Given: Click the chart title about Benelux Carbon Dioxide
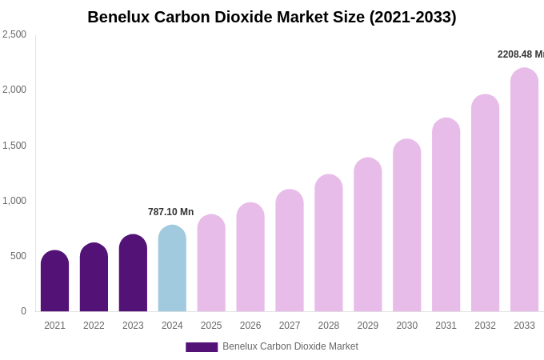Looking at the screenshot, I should [272, 17].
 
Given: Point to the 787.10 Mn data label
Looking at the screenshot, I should [170, 212].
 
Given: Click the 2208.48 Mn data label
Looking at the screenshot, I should [520, 54].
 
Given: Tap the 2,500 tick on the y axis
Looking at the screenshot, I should [14, 34].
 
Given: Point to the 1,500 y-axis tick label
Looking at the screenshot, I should [14, 146].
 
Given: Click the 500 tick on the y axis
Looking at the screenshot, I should [18, 256].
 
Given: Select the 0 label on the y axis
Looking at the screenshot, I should [23, 311].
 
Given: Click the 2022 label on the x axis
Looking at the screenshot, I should [94, 326].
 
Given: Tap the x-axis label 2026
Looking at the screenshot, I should [250, 326].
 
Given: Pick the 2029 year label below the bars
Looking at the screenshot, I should [367, 326].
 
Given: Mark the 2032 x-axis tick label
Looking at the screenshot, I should [485, 326].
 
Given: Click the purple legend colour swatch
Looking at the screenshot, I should [202, 347].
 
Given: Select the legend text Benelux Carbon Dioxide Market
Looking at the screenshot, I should [290, 346].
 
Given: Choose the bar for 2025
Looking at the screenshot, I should [211, 263].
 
